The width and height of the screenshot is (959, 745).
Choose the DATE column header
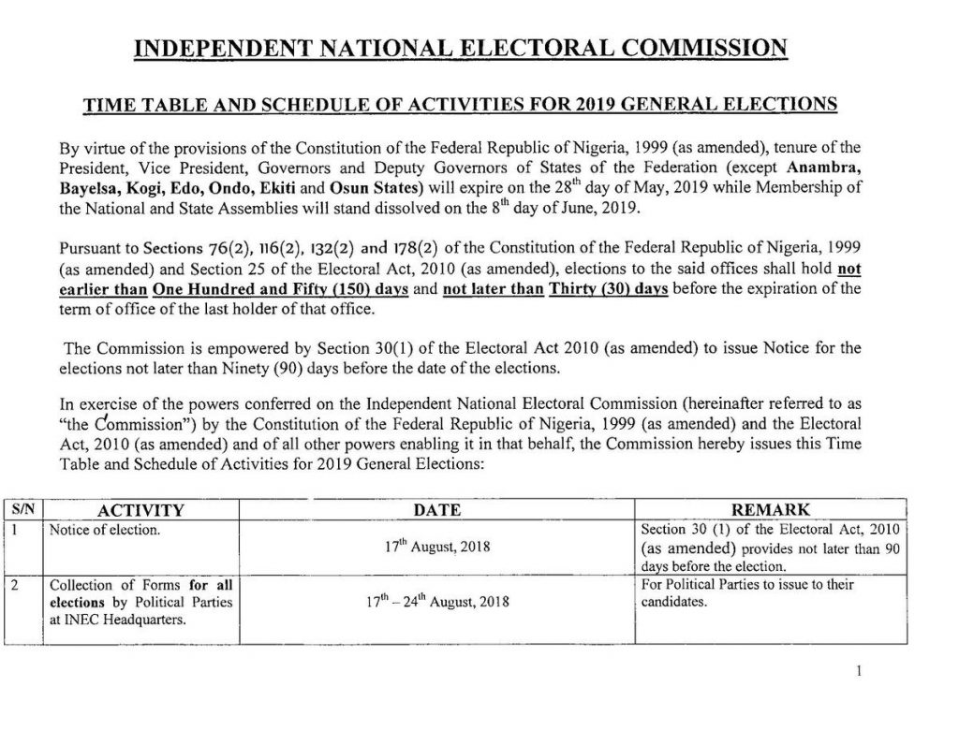coord(437,510)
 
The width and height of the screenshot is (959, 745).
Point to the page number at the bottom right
coord(858,671)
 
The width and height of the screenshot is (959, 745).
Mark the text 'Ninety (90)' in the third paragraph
coord(252,368)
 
